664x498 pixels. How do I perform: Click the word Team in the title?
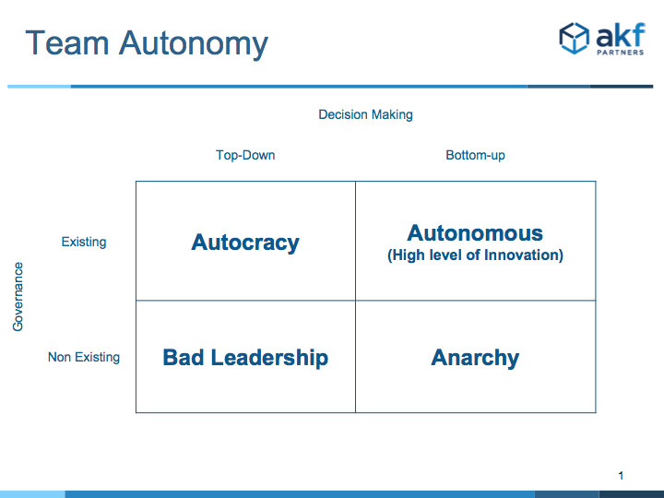point(67,42)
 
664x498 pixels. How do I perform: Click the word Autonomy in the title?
point(194,45)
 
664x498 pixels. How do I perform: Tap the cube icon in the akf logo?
point(574,38)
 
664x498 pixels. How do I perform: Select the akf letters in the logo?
point(621,35)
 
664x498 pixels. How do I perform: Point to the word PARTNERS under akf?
point(621,53)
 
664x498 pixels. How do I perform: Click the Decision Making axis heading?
point(365,114)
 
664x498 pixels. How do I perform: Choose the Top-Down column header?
point(245,155)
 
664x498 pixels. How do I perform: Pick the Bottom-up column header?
point(475,156)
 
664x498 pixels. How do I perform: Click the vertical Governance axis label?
point(18,296)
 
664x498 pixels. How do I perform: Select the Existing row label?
point(84,242)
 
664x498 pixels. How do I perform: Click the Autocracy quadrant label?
point(245,243)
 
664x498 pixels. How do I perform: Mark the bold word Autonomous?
point(475,233)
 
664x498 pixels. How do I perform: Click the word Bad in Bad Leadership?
point(184,357)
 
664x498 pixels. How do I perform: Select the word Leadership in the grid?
point(269,358)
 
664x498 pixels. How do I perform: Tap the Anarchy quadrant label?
point(475,358)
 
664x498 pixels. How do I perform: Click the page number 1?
point(621,476)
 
